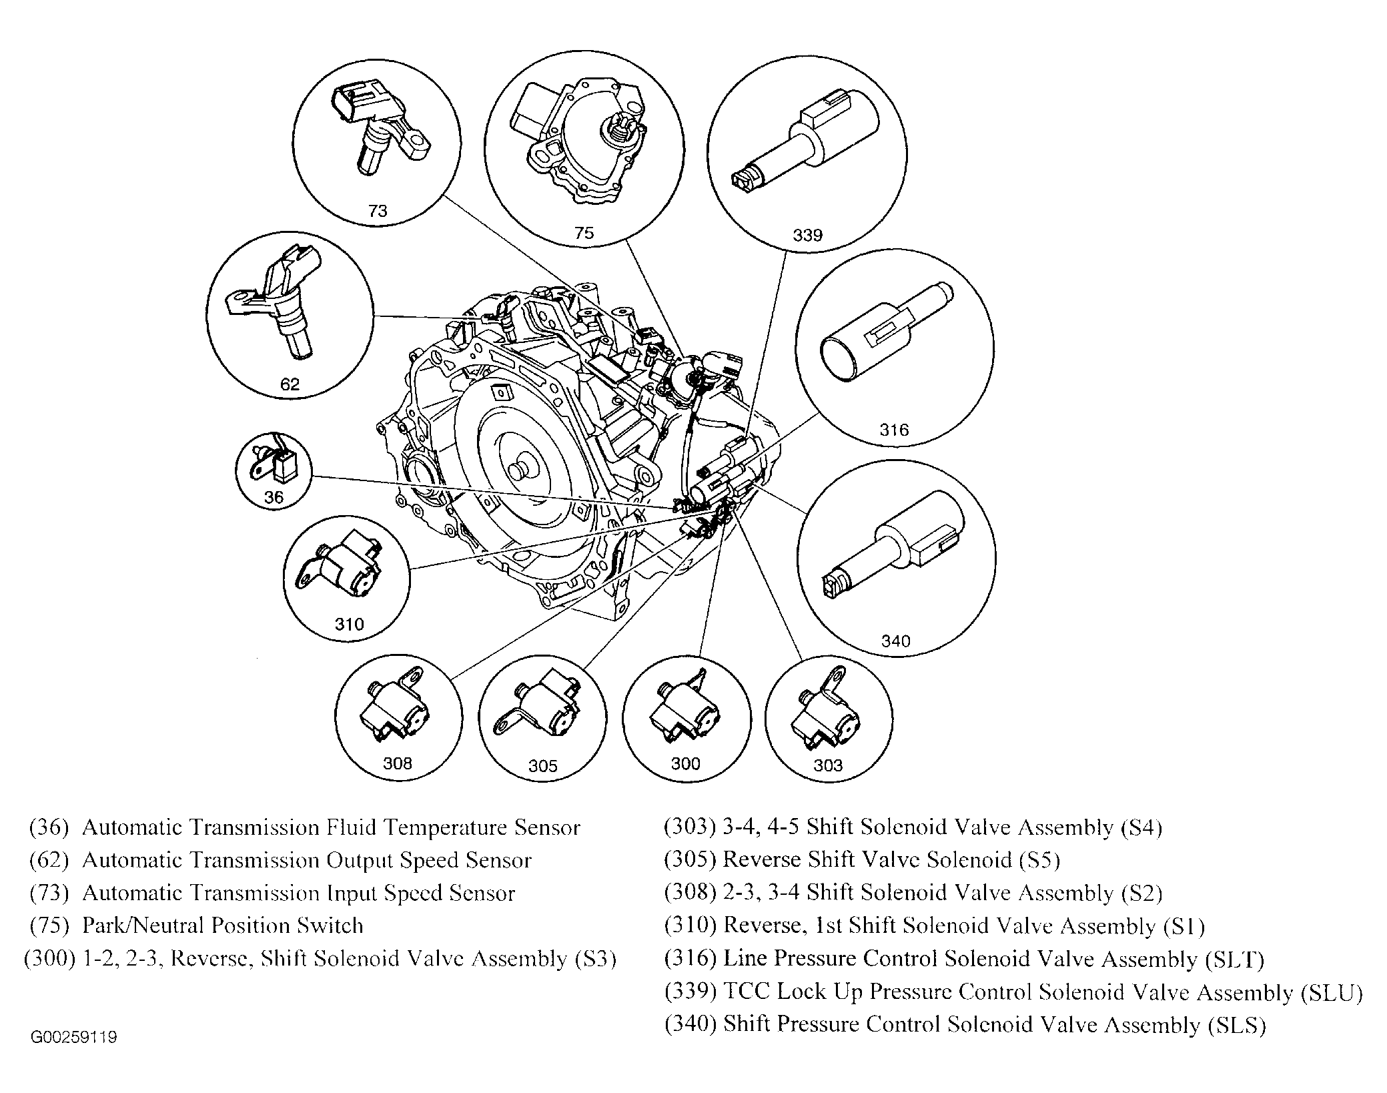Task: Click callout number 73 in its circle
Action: [378, 211]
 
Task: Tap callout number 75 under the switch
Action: [584, 233]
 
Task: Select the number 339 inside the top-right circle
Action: [807, 235]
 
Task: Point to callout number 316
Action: [894, 430]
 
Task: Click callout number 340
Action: [895, 641]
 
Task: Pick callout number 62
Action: [290, 384]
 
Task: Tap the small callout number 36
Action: [274, 497]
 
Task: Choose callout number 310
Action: [349, 624]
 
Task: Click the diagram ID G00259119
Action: [73, 1038]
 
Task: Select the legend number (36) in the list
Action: [49, 827]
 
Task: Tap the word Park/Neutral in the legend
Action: [143, 926]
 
